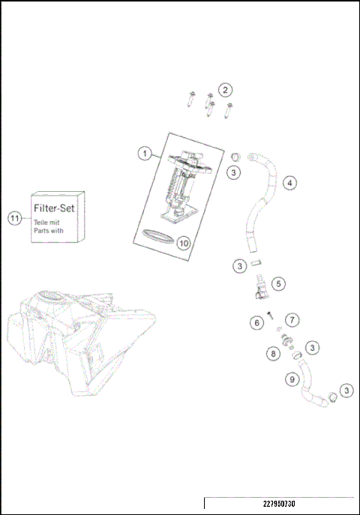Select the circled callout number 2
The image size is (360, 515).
[225, 90]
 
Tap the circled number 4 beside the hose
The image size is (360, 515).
[289, 181]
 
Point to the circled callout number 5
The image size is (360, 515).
[279, 284]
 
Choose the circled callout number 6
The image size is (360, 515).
[256, 322]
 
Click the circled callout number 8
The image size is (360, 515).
[274, 352]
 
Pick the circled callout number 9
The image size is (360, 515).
[292, 379]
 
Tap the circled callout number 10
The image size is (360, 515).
[184, 242]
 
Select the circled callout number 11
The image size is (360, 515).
[13, 218]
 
